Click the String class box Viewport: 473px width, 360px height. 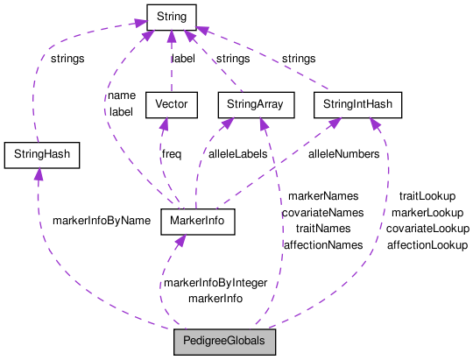click(171, 15)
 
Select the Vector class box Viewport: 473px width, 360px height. click(171, 106)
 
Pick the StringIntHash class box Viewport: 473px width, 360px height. click(357, 106)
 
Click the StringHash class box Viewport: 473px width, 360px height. click(41, 156)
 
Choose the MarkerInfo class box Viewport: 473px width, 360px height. click(199, 222)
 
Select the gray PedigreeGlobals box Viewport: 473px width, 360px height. click(224, 341)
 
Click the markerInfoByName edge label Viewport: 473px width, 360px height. click(102, 221)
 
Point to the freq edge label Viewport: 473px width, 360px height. click(172, 154)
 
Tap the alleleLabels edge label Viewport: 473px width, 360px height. click(236, 154)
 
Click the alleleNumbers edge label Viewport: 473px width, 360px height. click(342, 154)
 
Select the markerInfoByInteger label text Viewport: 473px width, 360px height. click(215, 283)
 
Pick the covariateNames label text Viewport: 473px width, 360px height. click(322, 213)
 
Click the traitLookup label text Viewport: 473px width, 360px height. click(427, 196)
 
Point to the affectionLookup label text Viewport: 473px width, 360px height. click(427, 245)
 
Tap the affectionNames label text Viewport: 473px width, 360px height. click(322, 245)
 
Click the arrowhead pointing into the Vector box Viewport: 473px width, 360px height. click(160, 126)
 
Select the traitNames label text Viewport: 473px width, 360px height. click(322, 229)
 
